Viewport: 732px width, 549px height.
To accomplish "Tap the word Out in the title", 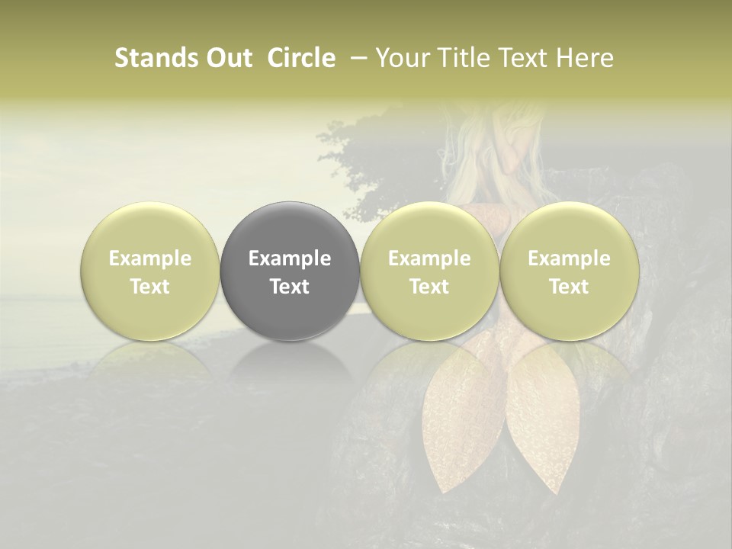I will [x=228, y=58].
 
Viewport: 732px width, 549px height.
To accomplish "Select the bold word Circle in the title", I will [x=301, y=58].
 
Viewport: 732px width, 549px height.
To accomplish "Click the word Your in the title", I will [x=402, y=58].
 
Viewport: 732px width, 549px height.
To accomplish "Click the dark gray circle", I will [x=290, y=229].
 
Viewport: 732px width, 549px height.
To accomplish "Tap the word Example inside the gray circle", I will [x=290, y=258].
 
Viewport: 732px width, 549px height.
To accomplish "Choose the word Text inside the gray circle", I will [x=290, y=287].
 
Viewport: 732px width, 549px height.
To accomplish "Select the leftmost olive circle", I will [x=150, y=229].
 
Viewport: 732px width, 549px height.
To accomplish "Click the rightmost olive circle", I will [x=569, y=229].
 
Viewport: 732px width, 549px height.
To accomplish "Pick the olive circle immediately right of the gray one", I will [x=429, y=229].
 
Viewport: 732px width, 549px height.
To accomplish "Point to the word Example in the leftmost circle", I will [x=150, y=258].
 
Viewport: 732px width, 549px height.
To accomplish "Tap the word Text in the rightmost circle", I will [x=569, y=287].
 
